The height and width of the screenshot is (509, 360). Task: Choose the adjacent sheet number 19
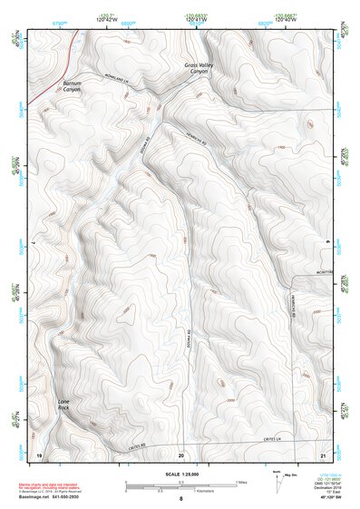39,453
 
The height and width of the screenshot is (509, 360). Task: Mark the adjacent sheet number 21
323,453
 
